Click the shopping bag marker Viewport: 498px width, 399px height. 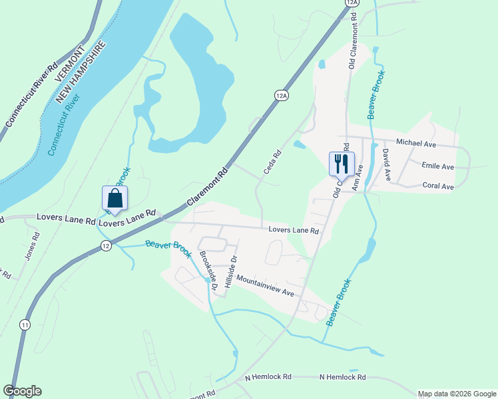click(x=115, y=198)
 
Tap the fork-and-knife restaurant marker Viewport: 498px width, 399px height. click(x=342, y=163)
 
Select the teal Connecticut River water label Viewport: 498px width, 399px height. click(x=64, y=125)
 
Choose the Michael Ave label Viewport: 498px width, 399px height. click(x=415, y=142)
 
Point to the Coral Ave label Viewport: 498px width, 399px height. click(x=438, y=186)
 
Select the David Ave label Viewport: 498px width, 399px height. click(x=386, y=165)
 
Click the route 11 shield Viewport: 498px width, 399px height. click(x=25, y=325)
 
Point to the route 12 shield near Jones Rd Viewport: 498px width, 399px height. click(x=106, y=246)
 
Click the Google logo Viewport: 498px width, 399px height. click(x=22, y=391)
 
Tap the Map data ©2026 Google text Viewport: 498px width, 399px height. click(x=457, y=394)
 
